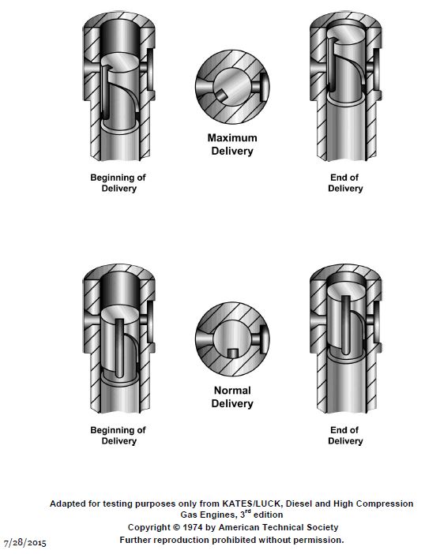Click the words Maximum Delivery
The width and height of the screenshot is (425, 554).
tap(232, 144)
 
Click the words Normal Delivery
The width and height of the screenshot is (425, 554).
tap(232, 397)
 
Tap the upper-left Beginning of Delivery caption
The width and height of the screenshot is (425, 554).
tap(118, 182)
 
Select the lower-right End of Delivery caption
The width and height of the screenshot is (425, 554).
tap(344, 436)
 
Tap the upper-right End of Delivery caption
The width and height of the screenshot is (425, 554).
tap(344, 182)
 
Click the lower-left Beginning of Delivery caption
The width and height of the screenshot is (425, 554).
tap(118, 436)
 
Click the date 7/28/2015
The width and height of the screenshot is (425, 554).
tap(24, 542)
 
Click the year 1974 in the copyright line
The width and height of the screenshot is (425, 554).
tap(193, 527)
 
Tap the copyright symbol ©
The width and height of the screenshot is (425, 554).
tap(176, 527)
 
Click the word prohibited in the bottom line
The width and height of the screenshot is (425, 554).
tap(233, 540)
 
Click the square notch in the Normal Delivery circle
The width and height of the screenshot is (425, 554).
tap(232, 353)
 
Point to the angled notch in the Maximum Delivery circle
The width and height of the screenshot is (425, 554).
tap(221, 95)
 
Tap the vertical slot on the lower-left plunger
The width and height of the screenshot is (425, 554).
tap(120, 347)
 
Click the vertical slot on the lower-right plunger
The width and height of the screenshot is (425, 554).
tap(346, 324)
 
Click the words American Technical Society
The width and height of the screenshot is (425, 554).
tap(279, 527)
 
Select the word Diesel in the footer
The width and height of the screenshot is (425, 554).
tap(299, 503)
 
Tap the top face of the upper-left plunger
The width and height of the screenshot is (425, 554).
tap(120, 62)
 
